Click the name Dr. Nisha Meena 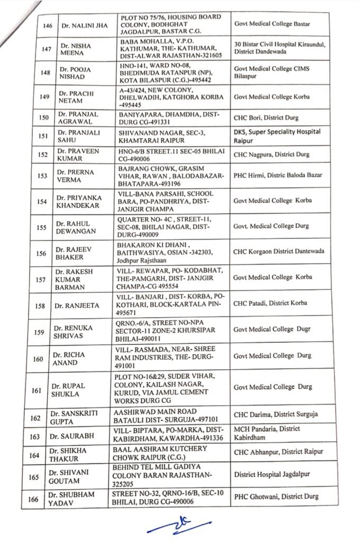(x=75, y=50)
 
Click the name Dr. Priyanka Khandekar (x=75, y=201)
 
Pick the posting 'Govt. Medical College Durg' (x=271, y=226)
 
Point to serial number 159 (x=39, y=332)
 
